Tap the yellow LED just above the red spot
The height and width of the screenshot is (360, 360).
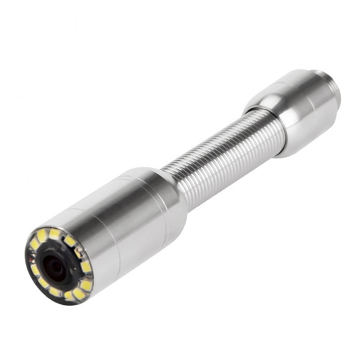coord(34,244)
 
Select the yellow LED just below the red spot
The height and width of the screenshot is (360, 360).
coord(35,270)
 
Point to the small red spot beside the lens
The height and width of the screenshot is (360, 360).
coord(30,259)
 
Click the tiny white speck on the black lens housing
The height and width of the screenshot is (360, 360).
coord(75,269)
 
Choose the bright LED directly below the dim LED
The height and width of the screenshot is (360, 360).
coord(86,266)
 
